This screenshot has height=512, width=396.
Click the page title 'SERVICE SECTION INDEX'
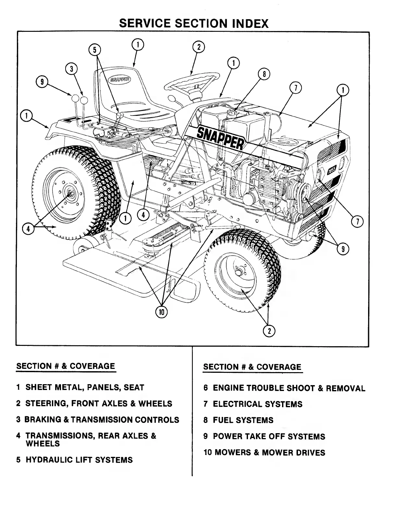pyautogui.click(x=194, y=23)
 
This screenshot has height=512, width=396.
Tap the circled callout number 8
pyautogui.click(x=264, y=74)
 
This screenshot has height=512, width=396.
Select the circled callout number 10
pyautogui.click(x=161, y=312)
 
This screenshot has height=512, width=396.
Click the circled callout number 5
pyautogui.click(x=95, y=50)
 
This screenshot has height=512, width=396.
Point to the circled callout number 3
pyautogui.click(x=71, y=69)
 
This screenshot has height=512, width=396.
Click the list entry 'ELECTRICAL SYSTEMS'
pyautogui.click(x=257, y=404)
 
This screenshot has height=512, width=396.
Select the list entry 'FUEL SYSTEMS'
pyautogui.click(x=243, y=421)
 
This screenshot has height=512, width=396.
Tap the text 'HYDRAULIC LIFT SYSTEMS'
pyautogui.click(x=79, y=460)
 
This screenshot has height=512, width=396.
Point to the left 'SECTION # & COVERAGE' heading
pyautogui.click(x=66, y=366)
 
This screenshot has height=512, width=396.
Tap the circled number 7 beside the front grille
pyautogui.click(x=357, y=222)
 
